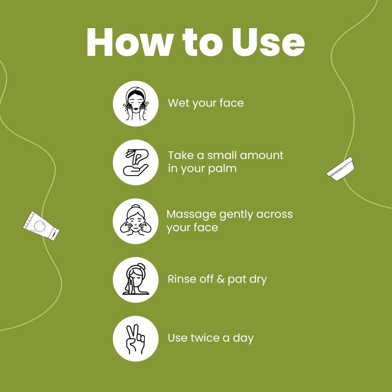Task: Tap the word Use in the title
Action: [268, 42]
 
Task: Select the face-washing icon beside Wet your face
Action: [135, 103]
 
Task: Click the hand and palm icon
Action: [135, 162]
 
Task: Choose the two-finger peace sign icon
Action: [135, 339]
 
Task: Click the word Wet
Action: [179, 103]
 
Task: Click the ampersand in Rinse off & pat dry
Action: [220, 279]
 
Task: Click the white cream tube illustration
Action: [41, 226]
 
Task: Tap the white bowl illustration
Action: [340, 169]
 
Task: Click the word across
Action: [274, 214]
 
